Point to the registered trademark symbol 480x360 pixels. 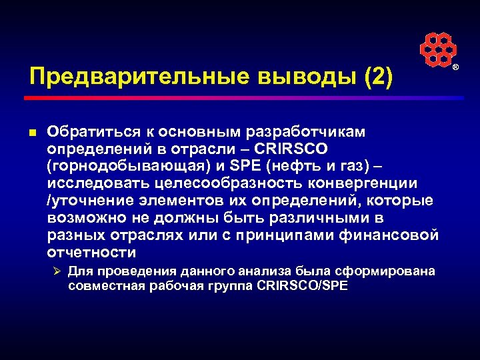pyautogui.click(x=456, y=69)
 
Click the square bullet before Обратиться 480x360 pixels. pyautogui.click(x=33, y=131)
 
